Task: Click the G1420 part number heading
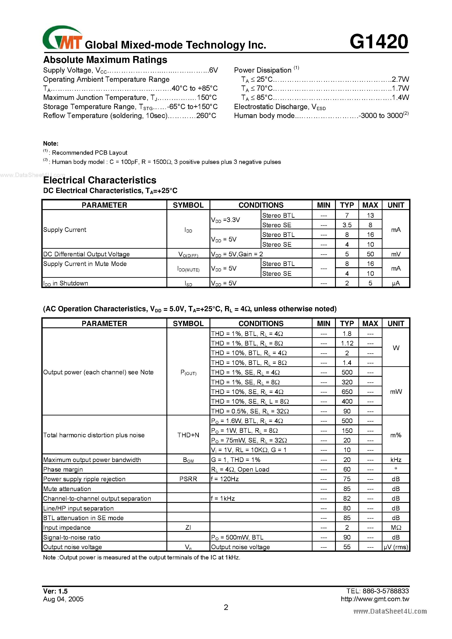(x=379, y=42)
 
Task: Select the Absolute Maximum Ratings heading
(x=105, y=60)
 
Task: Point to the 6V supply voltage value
(x=213, y=70)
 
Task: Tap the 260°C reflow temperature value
(x=206, y=116)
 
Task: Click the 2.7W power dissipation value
(x=400, y=79)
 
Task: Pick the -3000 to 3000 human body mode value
(x=382, y=116)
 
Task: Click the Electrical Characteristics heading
(x=100, y=180)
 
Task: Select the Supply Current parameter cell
(x=65, y=230)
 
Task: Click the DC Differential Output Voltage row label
(x=86, y=254)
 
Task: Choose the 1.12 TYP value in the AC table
(x=347, y=344)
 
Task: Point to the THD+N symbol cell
(x=188, y=435)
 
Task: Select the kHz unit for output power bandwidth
(x=396, y=460)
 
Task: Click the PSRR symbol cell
(x=188, y=479)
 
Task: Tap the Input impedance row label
(x=67, y=528)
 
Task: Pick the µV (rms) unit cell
(x=396, y=547)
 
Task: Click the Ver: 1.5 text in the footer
(x=55, y=591)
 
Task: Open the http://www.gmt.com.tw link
(x=375, y=599)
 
